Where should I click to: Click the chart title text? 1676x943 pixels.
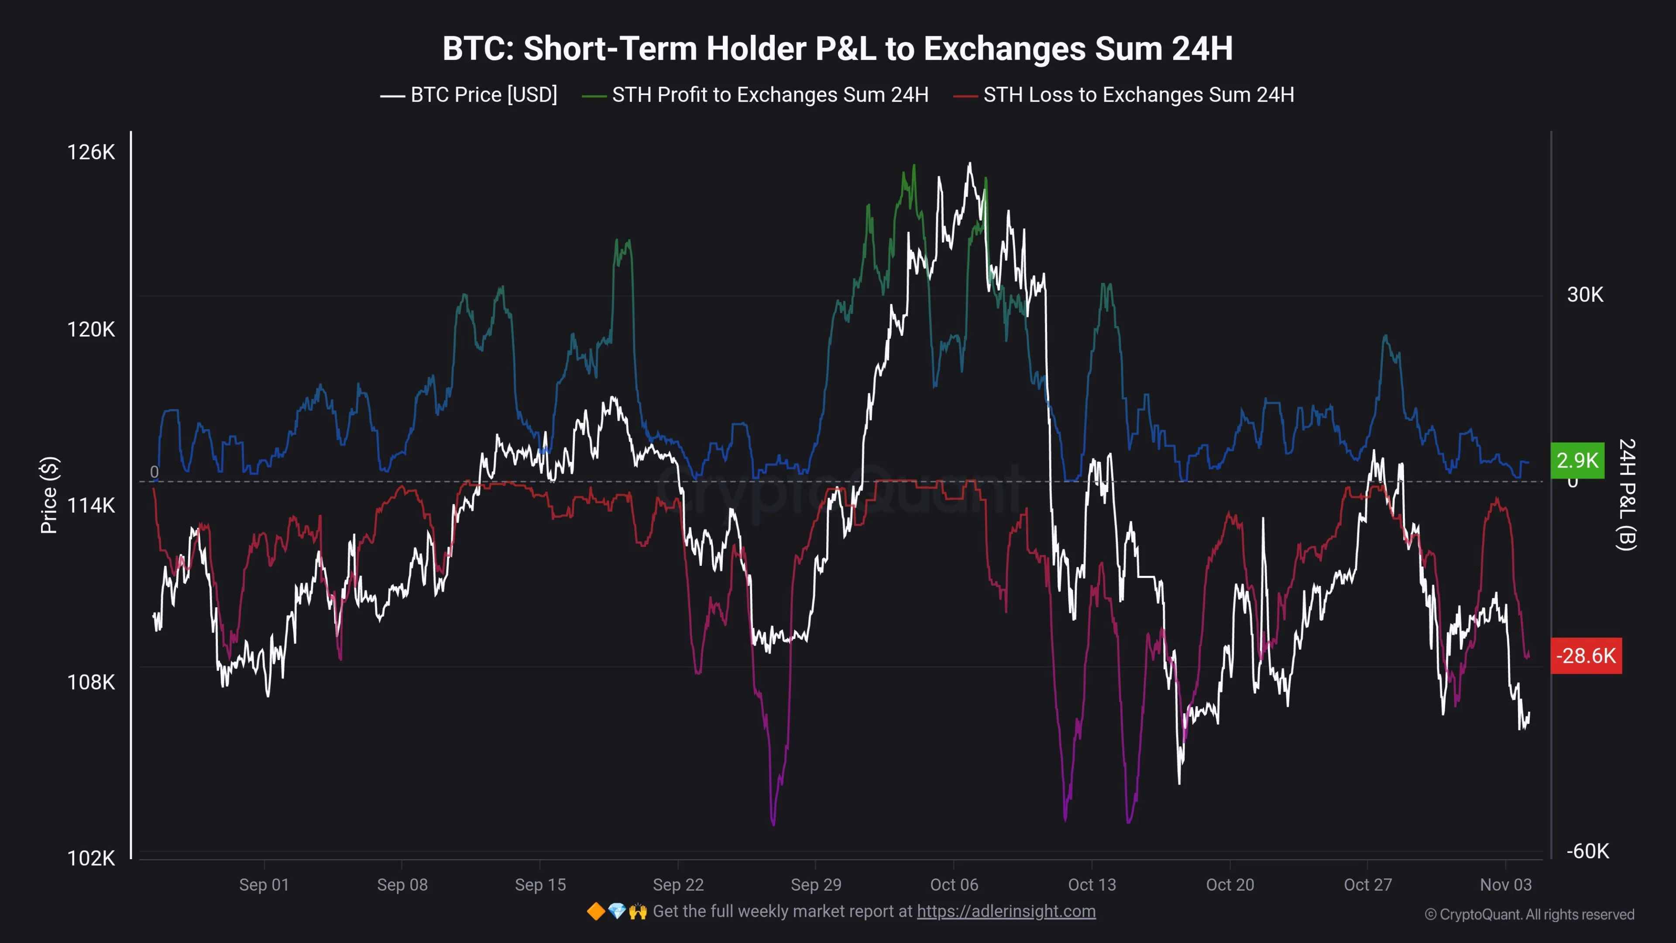(838, 49)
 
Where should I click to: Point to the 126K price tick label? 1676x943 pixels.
(91, 152)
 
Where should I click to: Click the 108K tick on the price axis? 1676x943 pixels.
(91, 682)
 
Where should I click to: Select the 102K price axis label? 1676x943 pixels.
(91, 858)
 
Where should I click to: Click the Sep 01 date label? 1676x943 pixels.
(264, 884)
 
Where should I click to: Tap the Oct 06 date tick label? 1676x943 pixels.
(954, 884)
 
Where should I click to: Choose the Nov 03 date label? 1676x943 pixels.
(1505, 884)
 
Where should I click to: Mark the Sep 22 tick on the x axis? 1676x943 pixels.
(678, 884)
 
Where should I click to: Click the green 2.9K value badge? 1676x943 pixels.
(1577, 460)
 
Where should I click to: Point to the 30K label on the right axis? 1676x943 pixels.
(1585, 295)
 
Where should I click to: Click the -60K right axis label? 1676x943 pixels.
(1587, 851)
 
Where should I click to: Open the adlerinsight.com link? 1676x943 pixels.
(1006, 911)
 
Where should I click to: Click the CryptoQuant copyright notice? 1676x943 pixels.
(1529, 914)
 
